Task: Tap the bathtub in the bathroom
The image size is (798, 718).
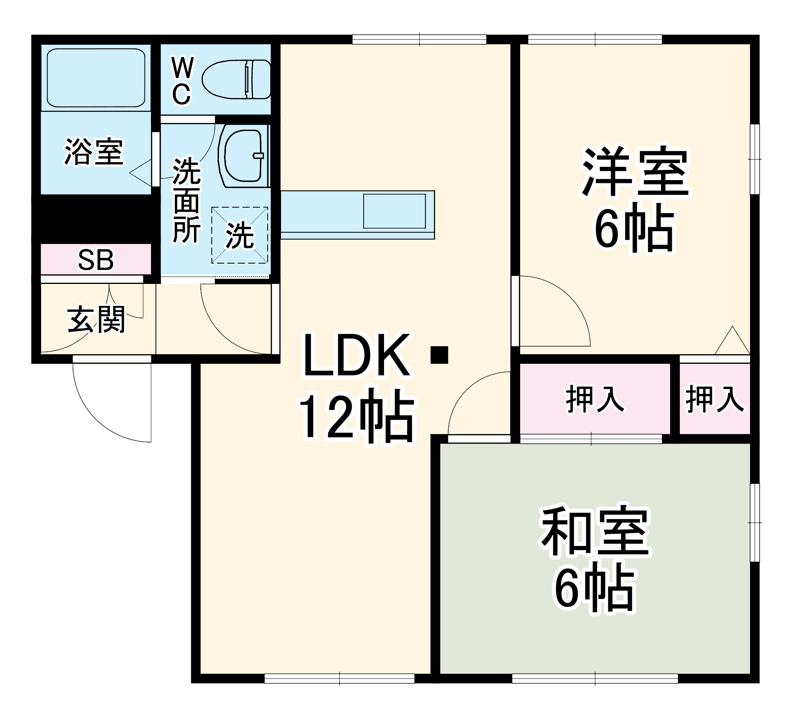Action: (96, 77)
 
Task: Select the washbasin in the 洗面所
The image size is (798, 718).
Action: (243, 156)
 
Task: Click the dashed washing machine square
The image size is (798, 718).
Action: (240, 235)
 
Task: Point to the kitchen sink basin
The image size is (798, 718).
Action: (394, 211)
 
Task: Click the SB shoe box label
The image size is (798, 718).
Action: (96, 260)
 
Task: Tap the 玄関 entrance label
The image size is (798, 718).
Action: (96, 319)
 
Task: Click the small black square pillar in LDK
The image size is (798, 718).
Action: (439, 355)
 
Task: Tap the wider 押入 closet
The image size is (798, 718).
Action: (595, 399)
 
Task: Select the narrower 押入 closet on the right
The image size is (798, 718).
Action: (715, 399)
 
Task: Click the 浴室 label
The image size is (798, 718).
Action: (94, 152)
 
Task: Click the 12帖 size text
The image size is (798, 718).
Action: (356, 415)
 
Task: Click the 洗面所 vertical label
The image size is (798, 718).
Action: (186, 200)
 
